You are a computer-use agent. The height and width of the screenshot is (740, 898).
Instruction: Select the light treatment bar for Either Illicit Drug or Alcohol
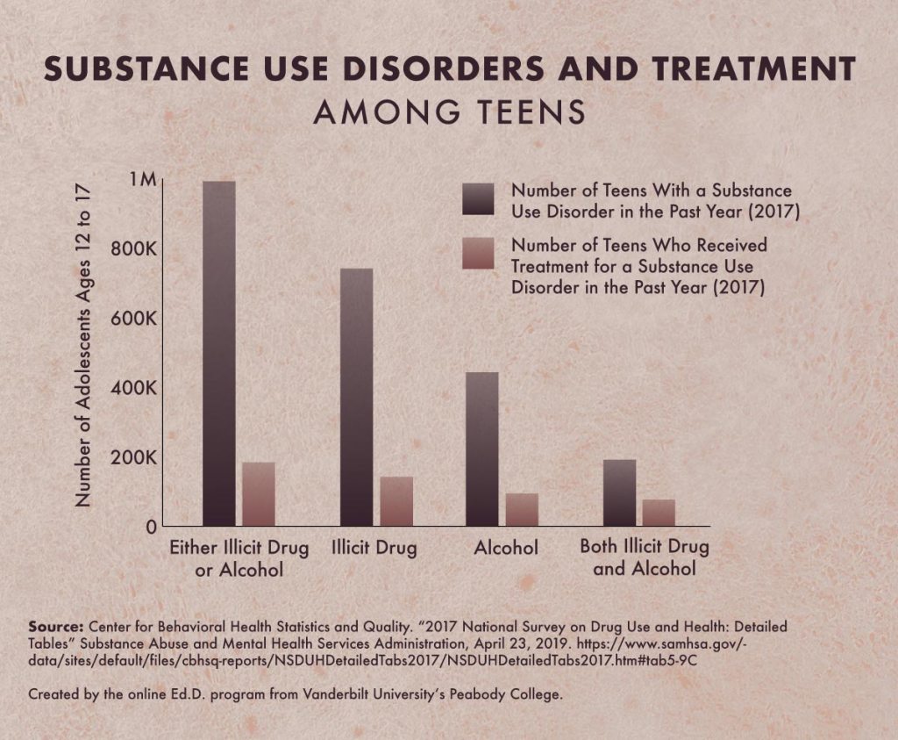(x=259, y=494)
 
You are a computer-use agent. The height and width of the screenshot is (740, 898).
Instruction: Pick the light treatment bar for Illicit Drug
(x=396, y=501)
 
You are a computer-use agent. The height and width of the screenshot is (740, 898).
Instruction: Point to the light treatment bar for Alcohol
(x=522, y=510)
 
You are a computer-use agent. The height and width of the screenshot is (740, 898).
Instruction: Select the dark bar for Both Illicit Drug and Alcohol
(x=619, y=492)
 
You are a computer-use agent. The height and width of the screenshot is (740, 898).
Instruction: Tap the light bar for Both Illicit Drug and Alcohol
(x=659, y=513)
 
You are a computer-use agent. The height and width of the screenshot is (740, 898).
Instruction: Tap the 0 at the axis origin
(x=152, y=527)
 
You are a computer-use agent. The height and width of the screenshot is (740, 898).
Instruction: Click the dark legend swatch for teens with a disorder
(x=479, y=199)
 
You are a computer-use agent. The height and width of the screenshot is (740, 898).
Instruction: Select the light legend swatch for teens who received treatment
(x=479, y=254)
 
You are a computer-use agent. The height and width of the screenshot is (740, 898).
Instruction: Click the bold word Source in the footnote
(x=55, y=627)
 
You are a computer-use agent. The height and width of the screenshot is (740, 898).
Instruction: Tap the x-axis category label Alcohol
(x=506, y=549)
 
